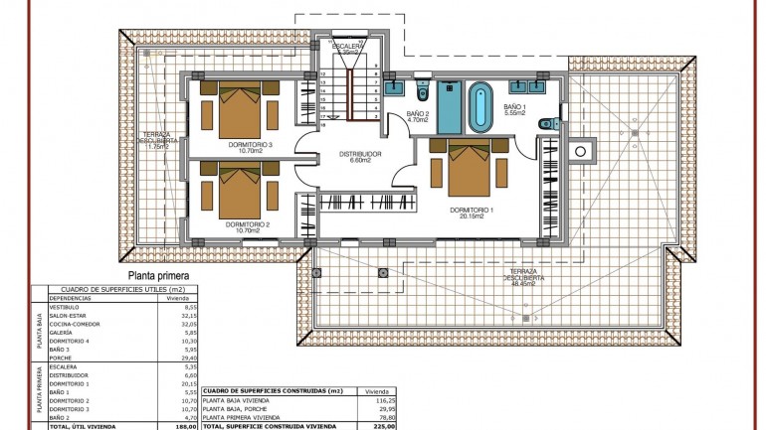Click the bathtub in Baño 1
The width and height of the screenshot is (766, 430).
point(480,107)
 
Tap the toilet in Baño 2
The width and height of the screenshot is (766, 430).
point(423,93)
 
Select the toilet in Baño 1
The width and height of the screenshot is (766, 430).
point(545,123)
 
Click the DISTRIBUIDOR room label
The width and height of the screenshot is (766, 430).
point(359,155)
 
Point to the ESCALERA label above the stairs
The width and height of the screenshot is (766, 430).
point(347,46)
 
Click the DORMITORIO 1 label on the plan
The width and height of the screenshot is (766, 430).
point(472,211)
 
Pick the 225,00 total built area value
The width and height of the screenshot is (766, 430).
point(377,426)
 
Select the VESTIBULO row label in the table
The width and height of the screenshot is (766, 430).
point(65,307)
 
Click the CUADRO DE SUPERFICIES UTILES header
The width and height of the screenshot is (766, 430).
point(115,289)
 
